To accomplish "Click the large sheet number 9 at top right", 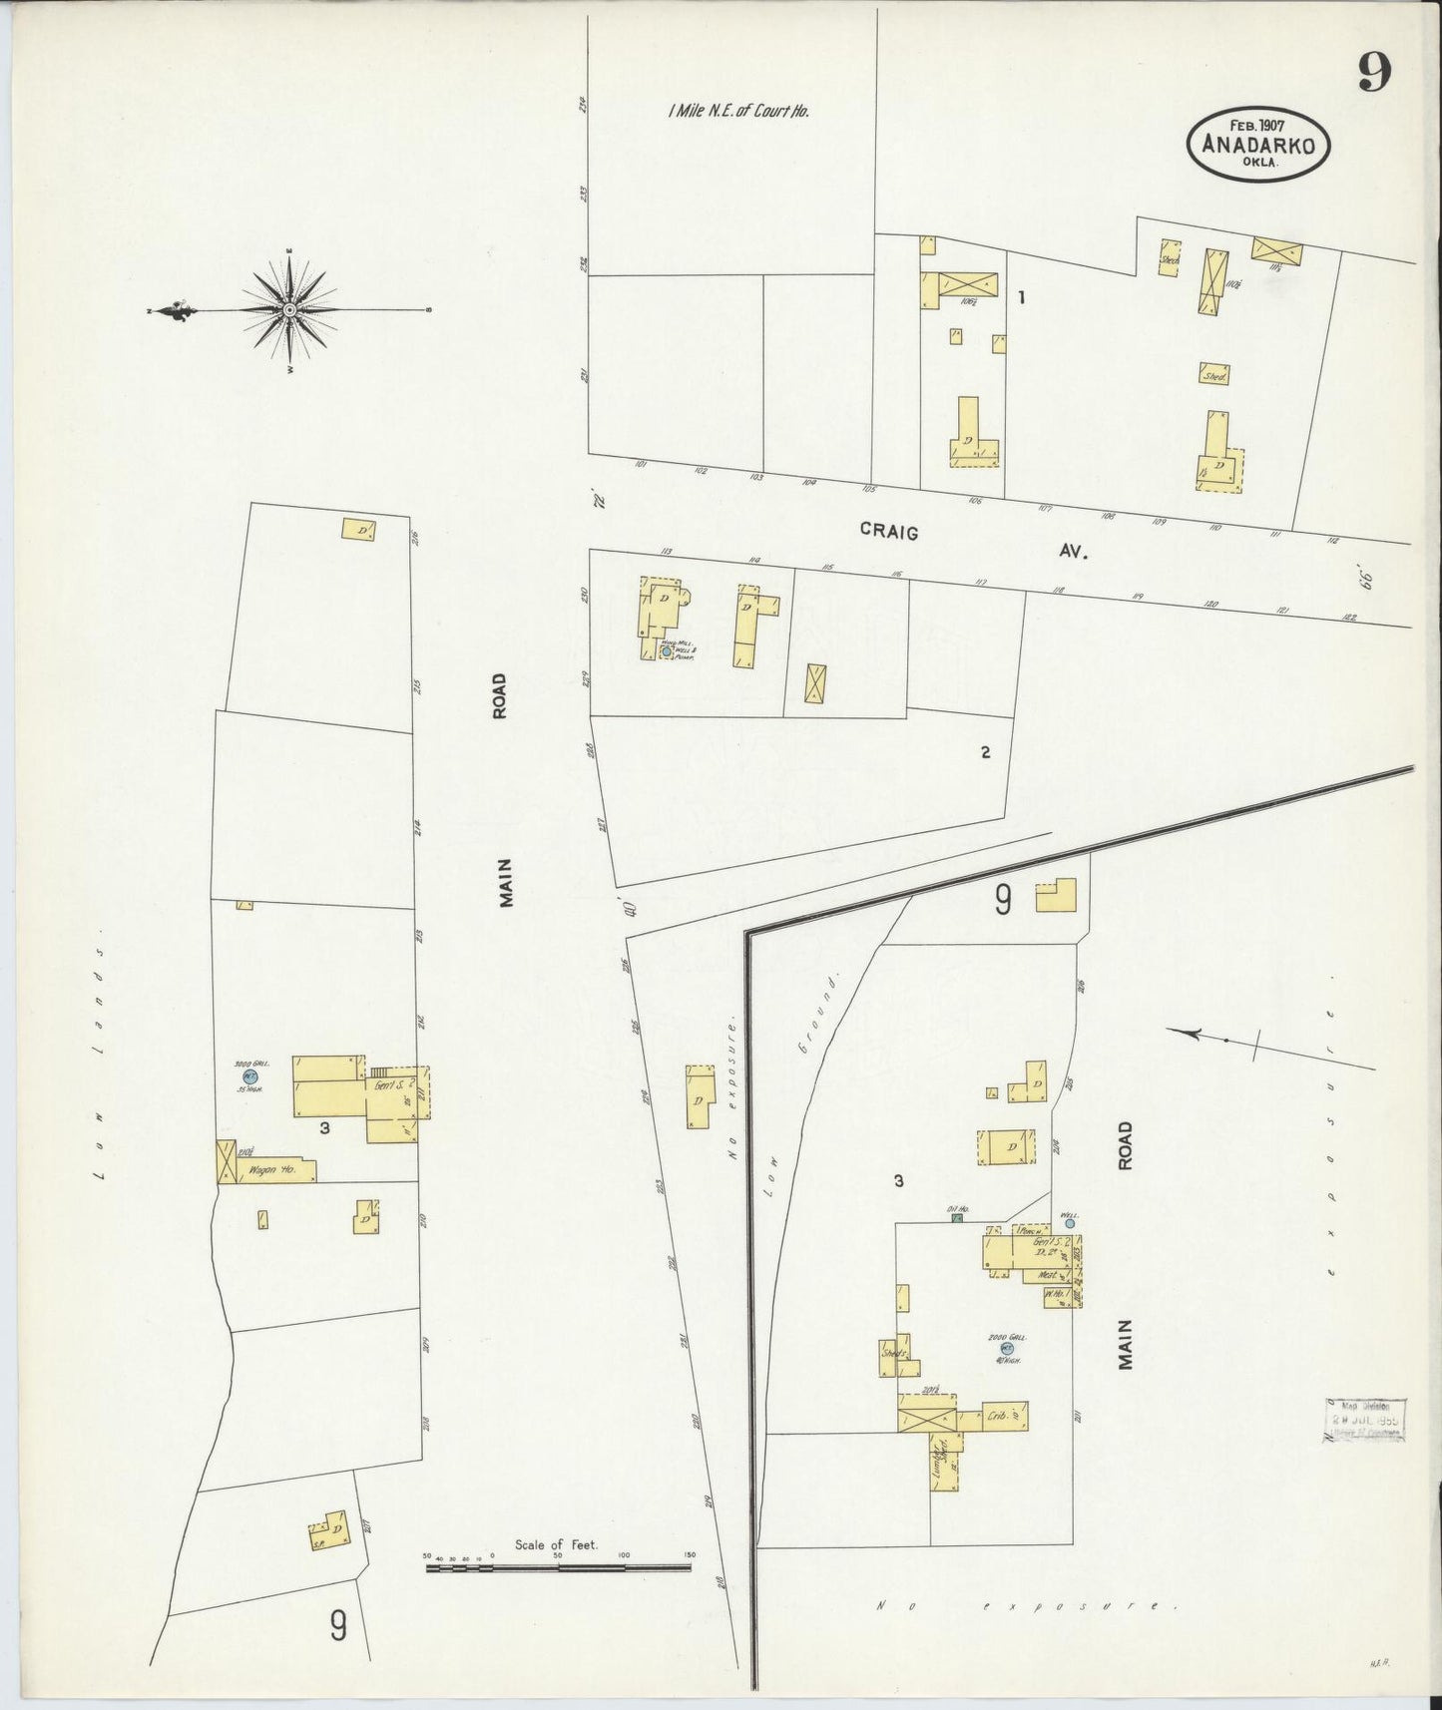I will tap(1374, 71).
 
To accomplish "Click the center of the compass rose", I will tap(289, 310).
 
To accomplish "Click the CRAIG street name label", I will tap(888, 533).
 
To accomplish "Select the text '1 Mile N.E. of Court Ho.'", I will tap(737, 111).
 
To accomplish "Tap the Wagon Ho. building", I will tap(274, 1170).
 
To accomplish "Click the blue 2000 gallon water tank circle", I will tap(1020, 1347).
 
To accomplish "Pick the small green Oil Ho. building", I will tap(957, 1218).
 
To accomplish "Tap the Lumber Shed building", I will tap(942, 1463).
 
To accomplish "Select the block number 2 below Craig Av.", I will tap(985, 752).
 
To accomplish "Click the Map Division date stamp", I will tap(1365, 1420).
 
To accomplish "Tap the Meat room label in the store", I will tap(1047, 1275).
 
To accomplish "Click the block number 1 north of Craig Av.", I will tap(1021, 296).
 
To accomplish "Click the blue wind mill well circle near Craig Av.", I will tap(667, 651).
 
